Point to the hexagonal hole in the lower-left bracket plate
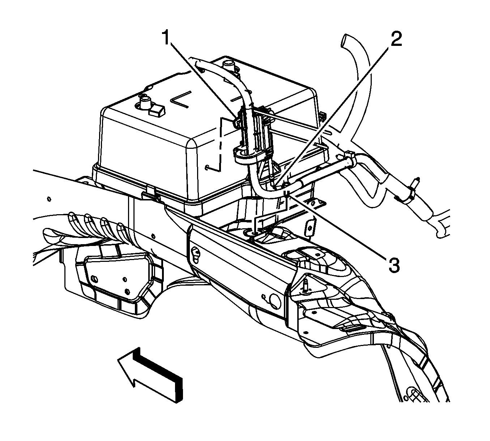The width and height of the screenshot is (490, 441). tap(127, 291)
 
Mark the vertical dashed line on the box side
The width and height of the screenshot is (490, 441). tap(220, 145)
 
